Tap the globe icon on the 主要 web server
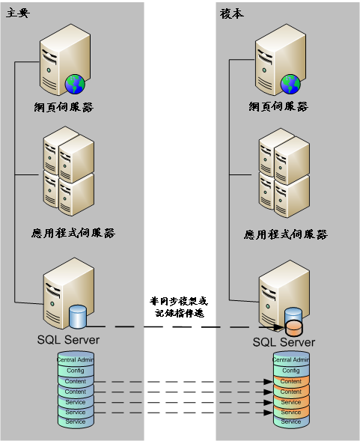coord(74,83)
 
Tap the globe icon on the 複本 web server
coord(290,83)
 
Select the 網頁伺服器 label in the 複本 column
coord(278,106)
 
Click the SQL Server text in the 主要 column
coord(68,340)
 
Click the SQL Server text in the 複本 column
coord(284,342)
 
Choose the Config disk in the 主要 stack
coord(75,371)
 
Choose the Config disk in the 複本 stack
coord(290,371)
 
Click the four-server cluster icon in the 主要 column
coord(68,171)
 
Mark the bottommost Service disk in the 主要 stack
coord(75,422)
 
